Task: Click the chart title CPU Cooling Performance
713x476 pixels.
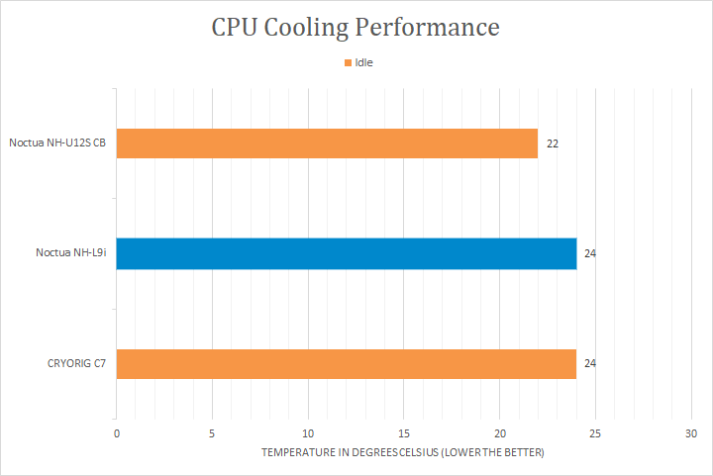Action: click(x=356, y=27)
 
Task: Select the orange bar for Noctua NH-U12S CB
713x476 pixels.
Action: click(x=327, y=143)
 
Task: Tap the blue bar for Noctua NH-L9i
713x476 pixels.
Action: click(x=346, y=253)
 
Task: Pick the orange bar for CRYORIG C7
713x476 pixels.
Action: click(x=346, y=363)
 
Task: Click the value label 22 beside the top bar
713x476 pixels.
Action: click(x=553, y=143)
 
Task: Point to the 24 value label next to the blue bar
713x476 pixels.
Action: click(x=590, y=254)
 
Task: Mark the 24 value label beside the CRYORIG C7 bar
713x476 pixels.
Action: click(x=590, y=364)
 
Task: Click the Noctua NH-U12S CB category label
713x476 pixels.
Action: click(x=57, y=143)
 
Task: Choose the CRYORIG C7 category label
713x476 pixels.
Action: click(x=75, y=364)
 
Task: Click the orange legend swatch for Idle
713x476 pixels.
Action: click(x=349, y=62)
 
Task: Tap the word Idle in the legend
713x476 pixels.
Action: click(x=364, y=62)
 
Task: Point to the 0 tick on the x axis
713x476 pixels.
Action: click(x=117, y=433)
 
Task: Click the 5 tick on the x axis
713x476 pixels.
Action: click(x=212, y=433)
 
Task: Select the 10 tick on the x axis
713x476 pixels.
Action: click(x=308, y=433)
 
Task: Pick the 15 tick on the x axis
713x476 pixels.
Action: click(x=404, y=433)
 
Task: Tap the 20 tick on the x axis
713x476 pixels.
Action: click(x=500, y=433)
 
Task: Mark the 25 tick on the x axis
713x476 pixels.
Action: click(x=595, y=433)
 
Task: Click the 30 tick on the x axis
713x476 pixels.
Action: click(x=691, y=433)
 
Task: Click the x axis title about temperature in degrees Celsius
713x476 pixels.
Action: click(x=403, y=452)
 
